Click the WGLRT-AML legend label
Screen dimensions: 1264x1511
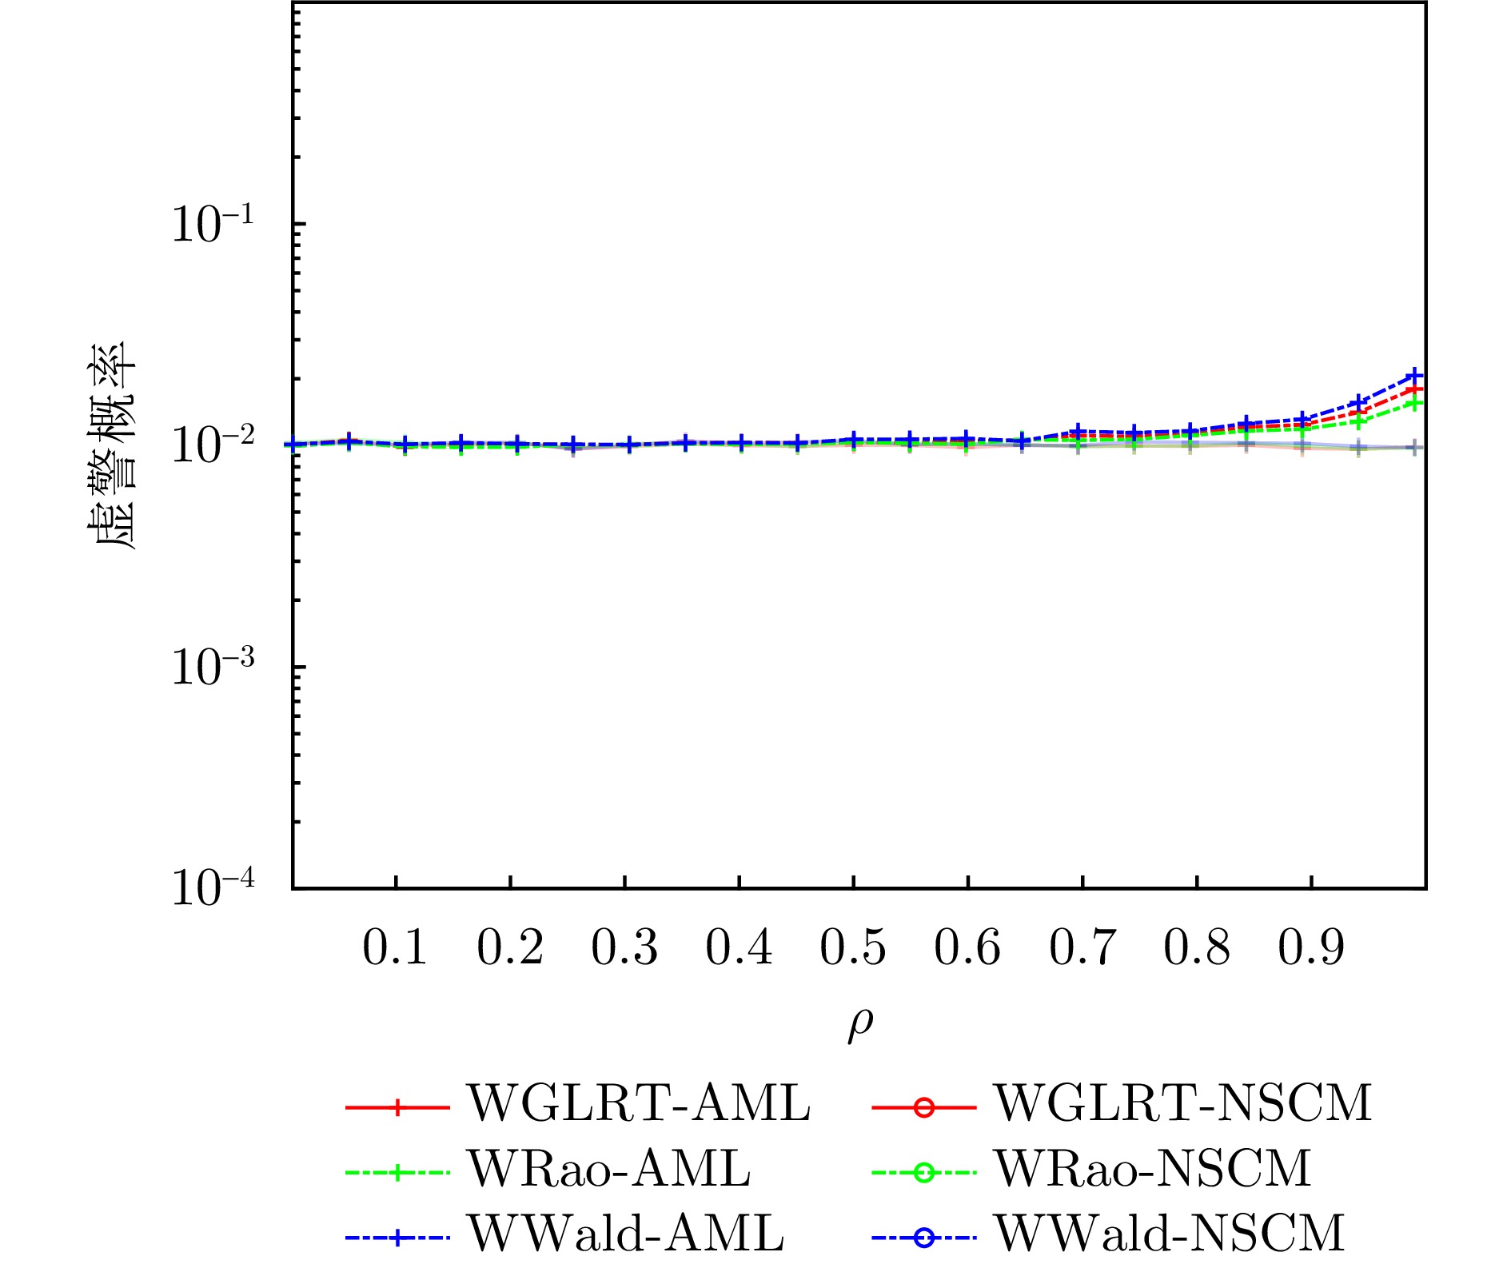click(638, 1103)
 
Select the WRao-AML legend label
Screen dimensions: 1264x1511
click(609, 1169)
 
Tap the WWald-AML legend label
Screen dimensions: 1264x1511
click(626, 1233)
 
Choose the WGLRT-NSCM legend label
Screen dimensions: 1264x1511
click(1182, 1103)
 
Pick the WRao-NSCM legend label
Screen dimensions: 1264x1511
click(1152, 1169)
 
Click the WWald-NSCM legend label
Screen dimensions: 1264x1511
click(1170, 1233)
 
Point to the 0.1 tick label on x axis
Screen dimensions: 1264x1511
click(395, 948)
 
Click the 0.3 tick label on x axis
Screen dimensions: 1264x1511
click(624, 948)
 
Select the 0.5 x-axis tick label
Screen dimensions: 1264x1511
click(853, 948)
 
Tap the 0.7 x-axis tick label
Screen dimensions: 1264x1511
click(1082, 948)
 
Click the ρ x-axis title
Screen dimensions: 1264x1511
click(860, 1025)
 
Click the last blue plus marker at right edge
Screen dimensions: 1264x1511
click(1416, 375)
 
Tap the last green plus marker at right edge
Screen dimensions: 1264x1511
click(1416, 403)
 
